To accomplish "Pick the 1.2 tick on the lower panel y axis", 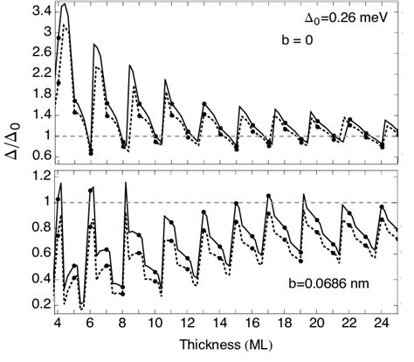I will [38, 177].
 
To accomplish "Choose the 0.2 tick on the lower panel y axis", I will [38, 304].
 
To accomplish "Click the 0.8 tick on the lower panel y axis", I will [38, 227].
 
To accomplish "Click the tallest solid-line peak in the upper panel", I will [66, 4].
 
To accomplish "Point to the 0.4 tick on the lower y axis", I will [38, 279].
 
